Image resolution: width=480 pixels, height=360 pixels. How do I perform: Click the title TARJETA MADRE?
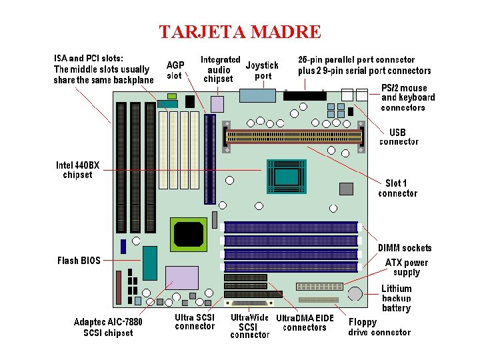click(x=240, y=31)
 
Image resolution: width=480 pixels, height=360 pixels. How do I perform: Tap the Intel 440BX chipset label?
click(x=77, y=169)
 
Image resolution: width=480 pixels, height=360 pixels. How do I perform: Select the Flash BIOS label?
click(x=79, y=261)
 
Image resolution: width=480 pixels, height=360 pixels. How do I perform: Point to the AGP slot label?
click(x=175, y=70)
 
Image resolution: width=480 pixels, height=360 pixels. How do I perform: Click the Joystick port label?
click(x=262, y=70)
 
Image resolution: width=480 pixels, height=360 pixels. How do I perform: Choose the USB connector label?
click(x=399, y=137)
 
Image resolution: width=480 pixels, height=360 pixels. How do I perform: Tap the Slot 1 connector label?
click(x=397, y=188)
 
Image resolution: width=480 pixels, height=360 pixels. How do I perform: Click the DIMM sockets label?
click(x=405, y=248)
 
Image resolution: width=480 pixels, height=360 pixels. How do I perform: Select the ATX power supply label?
click(x=407, y=267)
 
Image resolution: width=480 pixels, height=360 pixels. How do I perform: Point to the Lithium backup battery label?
click(x=397, y=298)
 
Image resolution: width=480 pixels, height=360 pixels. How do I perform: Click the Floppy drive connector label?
click(x=379, y=327)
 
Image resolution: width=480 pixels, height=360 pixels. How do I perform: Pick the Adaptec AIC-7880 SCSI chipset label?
click(x=108, y=327)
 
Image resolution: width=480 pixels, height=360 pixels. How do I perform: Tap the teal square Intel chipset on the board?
click(x=287, y=177)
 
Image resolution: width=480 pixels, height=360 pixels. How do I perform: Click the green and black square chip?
click(x=189, y=233)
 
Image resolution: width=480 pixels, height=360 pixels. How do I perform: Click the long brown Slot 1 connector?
click(x=294, y=136)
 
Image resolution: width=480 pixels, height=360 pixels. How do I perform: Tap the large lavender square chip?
click(x=182, y=278)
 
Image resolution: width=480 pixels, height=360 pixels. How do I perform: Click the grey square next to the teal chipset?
click(x=346, y=189)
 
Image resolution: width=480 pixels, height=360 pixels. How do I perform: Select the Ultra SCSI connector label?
click(x=195, y=321)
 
